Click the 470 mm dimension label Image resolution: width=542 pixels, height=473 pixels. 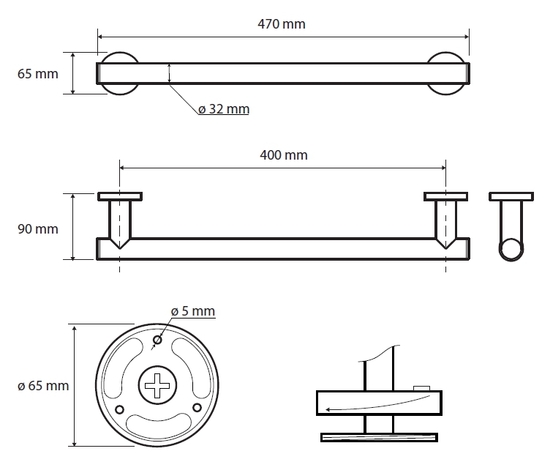282,24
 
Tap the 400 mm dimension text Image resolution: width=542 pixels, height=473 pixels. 284,155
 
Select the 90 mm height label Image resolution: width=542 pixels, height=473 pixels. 38,229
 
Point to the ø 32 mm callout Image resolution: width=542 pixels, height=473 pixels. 224,109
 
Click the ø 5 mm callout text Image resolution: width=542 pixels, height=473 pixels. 193,311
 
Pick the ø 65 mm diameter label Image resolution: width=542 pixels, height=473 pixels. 43,386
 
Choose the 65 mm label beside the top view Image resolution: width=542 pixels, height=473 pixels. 38,74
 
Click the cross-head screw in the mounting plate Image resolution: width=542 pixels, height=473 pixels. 157,385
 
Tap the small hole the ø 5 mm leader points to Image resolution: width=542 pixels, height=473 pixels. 157,340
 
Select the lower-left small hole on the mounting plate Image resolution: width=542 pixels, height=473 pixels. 119,410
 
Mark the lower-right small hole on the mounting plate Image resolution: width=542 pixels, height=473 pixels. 197,408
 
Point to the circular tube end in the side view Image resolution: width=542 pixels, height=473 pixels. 511,249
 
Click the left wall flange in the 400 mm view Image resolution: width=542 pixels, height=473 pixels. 120,196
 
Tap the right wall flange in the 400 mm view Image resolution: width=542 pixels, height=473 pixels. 446,196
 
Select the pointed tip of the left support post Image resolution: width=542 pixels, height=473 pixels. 120,248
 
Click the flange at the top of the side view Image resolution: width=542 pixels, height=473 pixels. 511,196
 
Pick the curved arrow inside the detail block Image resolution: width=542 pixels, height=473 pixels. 377,403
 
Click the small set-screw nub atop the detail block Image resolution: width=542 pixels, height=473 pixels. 422,388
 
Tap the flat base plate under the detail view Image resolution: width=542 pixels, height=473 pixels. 379,437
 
